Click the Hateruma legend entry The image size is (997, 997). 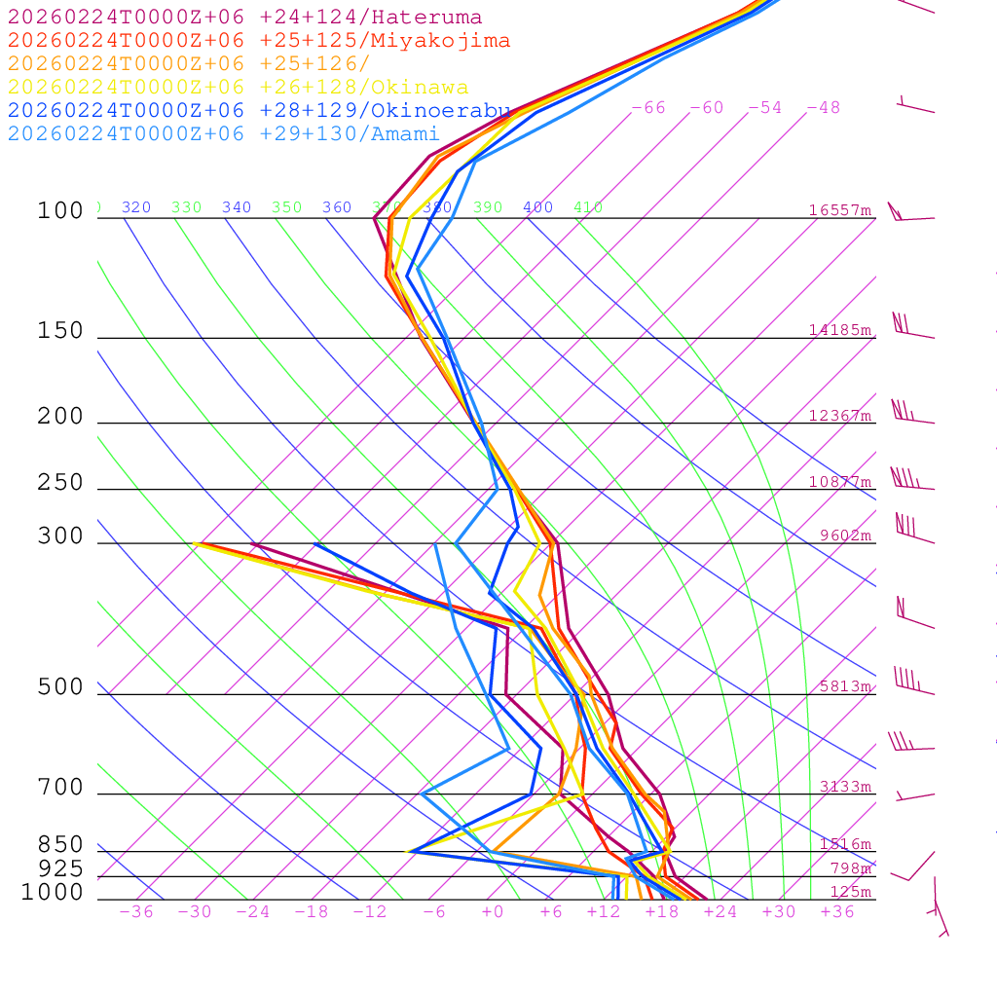point(244,18)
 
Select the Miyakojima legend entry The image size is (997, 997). point(258,41)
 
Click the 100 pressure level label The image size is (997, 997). point(60,211)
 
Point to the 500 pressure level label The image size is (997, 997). point(60,688)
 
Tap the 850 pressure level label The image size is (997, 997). point(60,845)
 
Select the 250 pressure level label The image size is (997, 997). point(60,483)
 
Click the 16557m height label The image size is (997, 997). point(840,210)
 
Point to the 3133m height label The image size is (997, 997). point(845,787)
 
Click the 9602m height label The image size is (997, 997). point(845,535)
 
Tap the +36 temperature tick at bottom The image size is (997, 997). point(837,912)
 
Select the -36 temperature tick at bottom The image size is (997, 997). point(136,912)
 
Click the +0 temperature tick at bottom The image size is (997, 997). point(493,912)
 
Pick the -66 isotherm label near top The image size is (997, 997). point(648,108)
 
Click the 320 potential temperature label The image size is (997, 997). point(136,207)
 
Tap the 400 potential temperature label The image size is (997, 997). point(537,207)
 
